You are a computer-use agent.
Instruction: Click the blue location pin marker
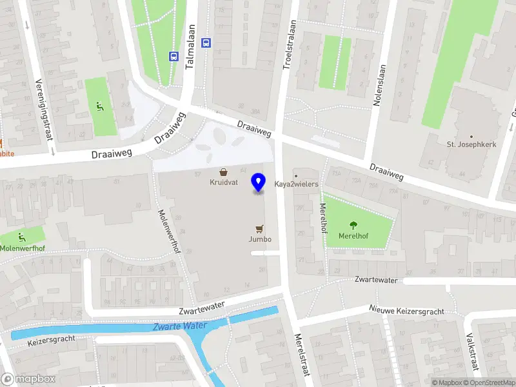(x=259, y=182)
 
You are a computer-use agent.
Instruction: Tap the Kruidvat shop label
(x=223, y=183)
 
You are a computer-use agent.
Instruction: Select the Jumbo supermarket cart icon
(x=259, y=228)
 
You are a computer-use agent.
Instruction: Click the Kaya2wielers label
(x=297, y=184)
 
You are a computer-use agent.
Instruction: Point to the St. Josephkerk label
(x=471, y=144)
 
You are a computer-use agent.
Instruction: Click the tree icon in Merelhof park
(x=353, y=225)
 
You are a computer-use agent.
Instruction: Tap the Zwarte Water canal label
(x=180, y=326)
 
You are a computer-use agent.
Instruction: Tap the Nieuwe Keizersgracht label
(x=406, y=311)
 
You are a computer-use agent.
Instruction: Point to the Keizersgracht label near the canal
(x=52, y=339)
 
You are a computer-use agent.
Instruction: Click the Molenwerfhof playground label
(x=22, y=248)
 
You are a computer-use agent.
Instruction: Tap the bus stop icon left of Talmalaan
(x=174, y=56)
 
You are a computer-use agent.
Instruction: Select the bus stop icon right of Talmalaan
(x=206, y=43)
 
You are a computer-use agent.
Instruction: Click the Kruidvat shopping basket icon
(x=223, y=172)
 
